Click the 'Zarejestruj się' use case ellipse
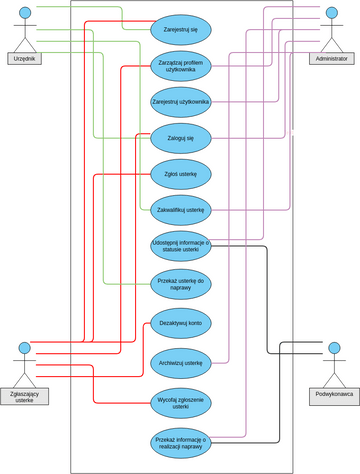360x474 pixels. pos(181,30)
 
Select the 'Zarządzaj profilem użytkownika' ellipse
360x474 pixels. pos(181,66)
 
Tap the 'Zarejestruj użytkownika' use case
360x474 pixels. pos(181,102)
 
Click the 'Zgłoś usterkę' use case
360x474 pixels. pos(181,174)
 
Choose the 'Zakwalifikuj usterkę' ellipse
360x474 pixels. pos(181,210)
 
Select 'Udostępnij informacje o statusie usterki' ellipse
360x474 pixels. pos(181,246)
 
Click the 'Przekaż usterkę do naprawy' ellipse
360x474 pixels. pos(181,284)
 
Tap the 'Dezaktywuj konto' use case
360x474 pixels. pos(181,323)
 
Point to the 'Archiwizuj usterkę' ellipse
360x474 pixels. pos(181,362)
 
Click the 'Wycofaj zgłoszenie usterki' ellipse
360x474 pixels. pos(181,403)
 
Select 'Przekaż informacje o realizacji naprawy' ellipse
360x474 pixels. pos(181,442)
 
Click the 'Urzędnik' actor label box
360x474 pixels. pos(24,59)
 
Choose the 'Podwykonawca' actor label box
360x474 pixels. pos(334,394)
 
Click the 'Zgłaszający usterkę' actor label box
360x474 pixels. pos(24,396)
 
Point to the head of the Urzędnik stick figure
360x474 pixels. pos(25,12)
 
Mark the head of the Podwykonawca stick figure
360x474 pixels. pos(334,349)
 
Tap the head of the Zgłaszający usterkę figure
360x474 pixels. pos(25,348)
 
